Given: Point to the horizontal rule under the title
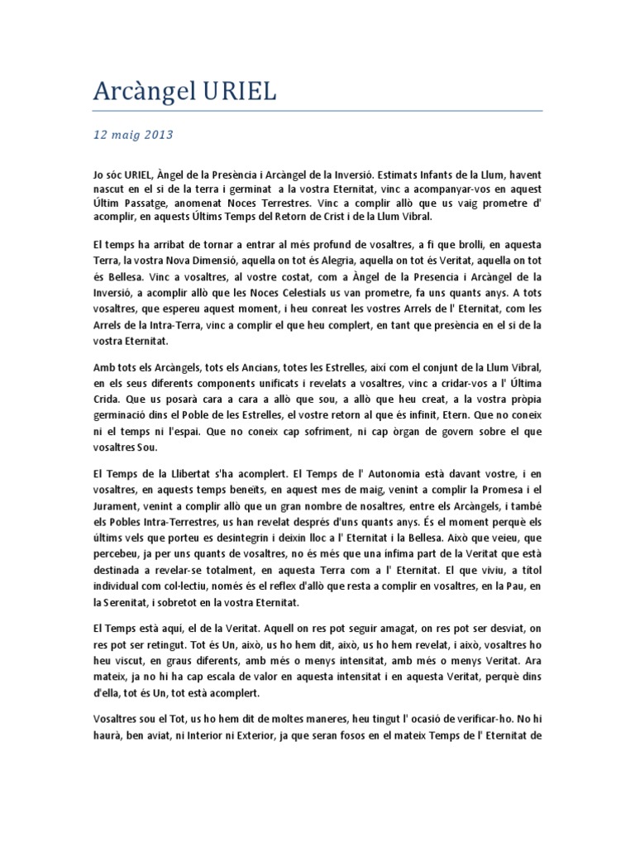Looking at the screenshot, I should [317, 110].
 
